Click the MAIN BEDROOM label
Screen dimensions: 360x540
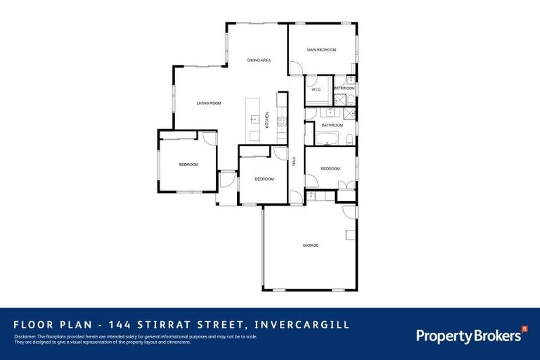tap(322, 50)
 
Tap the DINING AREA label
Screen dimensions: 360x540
tap(259, 60)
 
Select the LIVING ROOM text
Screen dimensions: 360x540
tap(208, 103)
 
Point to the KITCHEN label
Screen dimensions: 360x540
tap(267, 120)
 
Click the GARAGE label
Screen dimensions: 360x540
tap(310, 245)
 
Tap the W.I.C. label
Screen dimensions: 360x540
tap(316, 89)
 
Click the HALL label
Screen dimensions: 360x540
tap(294, 161)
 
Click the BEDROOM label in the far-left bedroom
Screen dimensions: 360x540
tap(188, 165)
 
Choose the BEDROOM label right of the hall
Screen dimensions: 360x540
tap(330, 169)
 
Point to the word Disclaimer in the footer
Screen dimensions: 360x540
tap(26, 337)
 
